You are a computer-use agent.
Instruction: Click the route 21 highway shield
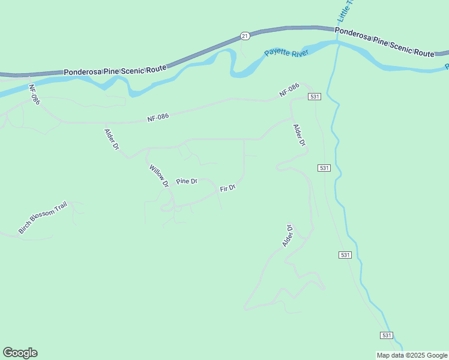click(x=244, y=36)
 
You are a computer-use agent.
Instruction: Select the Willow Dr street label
click(x=158, y=176)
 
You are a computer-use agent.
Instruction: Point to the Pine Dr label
click(x=187, y=181)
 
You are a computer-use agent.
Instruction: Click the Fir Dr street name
click(x=228, y=188)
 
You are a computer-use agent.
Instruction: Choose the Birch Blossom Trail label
click(x=43, y=218)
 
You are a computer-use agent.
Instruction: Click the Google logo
click(x=20, y=353)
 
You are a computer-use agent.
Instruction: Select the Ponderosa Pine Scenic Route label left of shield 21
click(x=115, y=70)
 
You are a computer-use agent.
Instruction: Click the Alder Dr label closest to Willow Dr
click(x=112, y=139)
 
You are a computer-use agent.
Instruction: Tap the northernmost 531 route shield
click(x=313, y=97)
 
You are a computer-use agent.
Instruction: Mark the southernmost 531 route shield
click(x=387, y=335)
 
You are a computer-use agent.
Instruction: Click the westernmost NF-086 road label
click(x=35, y=94)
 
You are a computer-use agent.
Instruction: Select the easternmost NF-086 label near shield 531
click(x=289, y=90)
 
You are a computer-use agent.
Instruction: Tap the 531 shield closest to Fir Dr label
click(x=324, y=168)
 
